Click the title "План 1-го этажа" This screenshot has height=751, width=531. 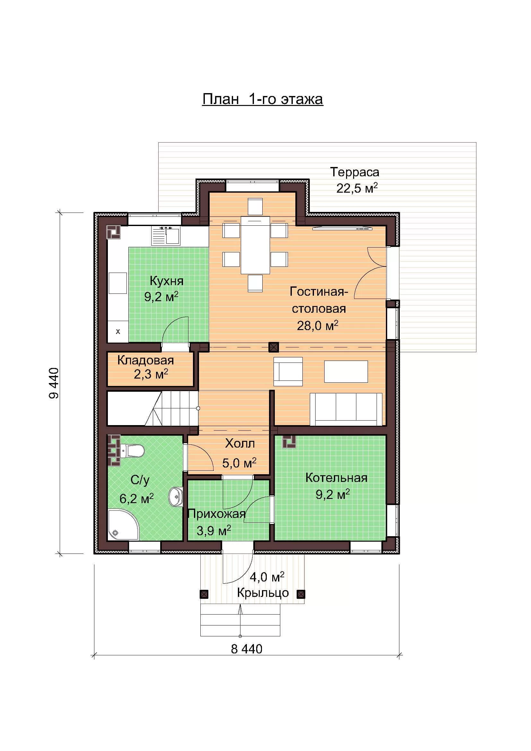coord(263,99)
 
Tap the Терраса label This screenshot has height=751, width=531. coord(355,172)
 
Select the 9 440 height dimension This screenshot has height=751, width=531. coord(54,383)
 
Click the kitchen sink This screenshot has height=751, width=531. coord(165,236)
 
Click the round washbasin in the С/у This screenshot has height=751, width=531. coord(176,496)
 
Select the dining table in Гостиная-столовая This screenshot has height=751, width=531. coord(255,245)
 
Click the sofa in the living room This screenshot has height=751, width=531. coord(346,409)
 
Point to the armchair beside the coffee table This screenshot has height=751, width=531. coord(288,371)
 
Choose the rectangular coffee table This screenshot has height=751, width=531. coord(346,371)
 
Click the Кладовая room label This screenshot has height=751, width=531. coord(145,360)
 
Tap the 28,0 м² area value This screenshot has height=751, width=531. coord(318,326)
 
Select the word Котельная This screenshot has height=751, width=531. coord(336,478)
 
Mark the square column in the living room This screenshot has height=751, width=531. coord(274,347)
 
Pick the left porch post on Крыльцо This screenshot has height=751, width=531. coord(204,594)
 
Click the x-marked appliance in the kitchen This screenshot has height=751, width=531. coord(118,332)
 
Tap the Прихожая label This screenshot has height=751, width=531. coord(216,514)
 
